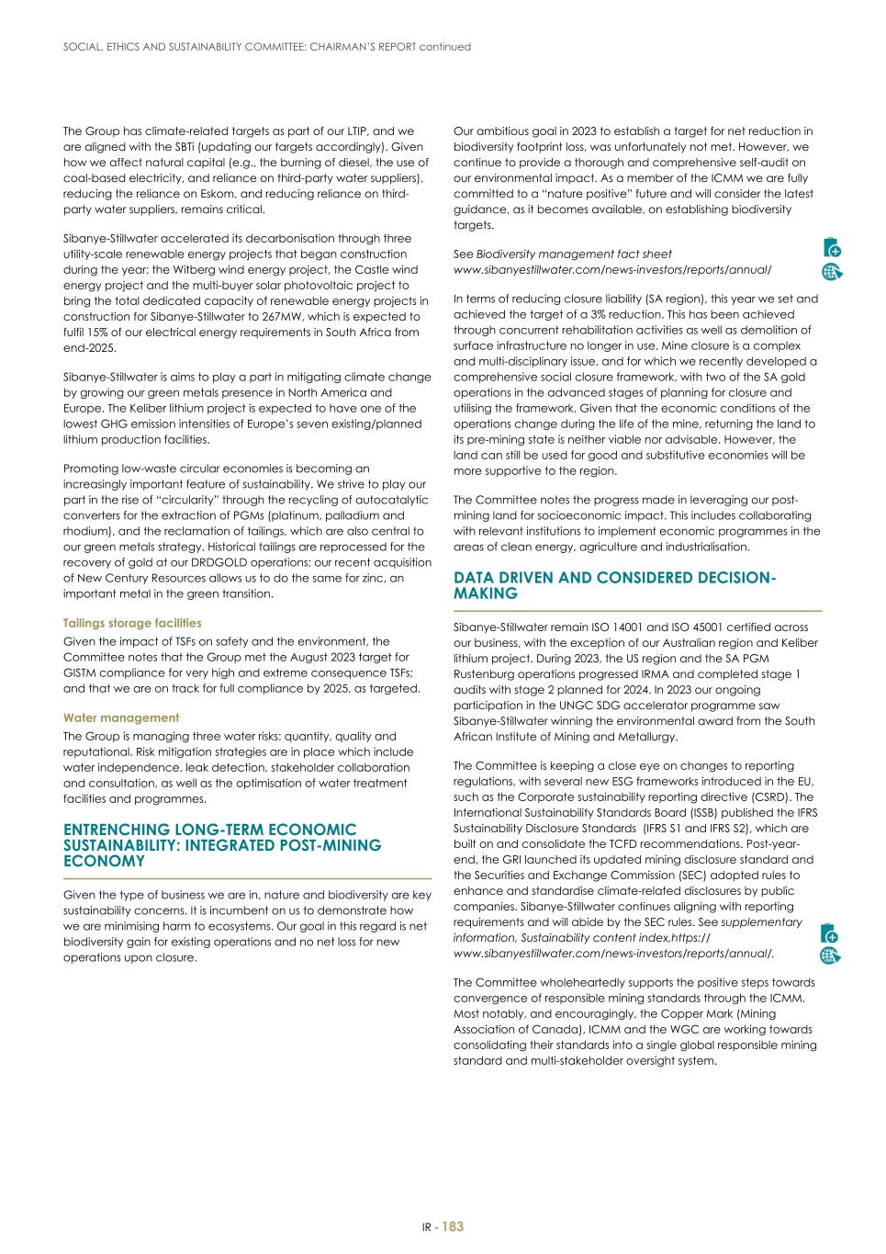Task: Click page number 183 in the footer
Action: tap(453, 1226)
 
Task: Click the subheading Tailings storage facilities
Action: tap(119, 623)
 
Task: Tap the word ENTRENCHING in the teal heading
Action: tap(118, 830)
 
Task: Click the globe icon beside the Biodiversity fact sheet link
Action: tap(832, 271)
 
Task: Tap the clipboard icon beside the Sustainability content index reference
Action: tap(830, 932)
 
